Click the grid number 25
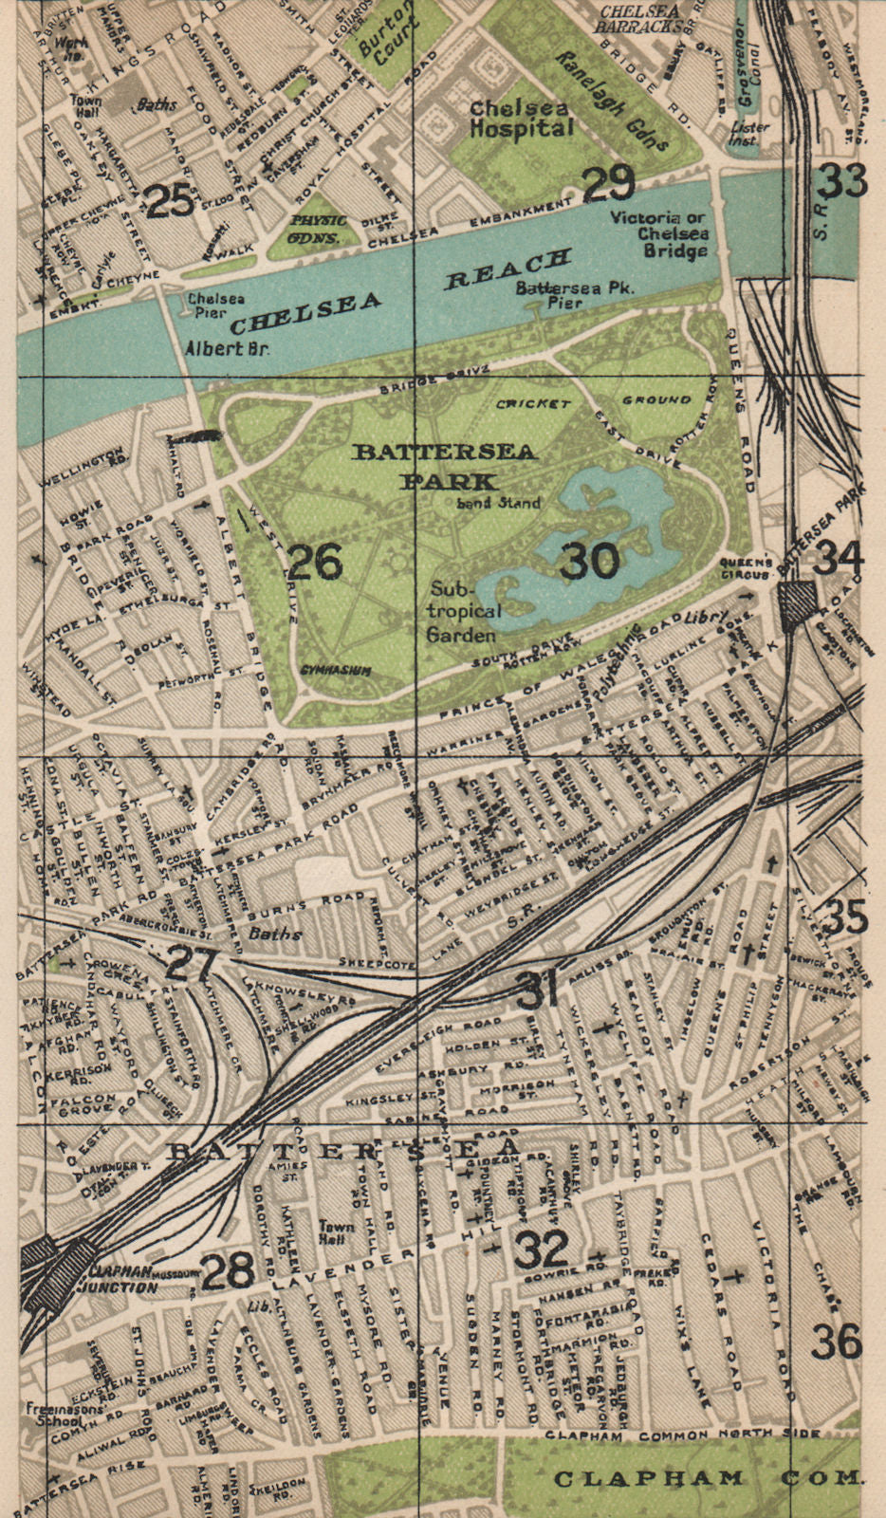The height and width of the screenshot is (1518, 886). pos(171,200)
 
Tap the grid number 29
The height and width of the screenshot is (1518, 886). pos(607,183)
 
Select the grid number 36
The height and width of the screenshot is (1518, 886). pos(837,1342)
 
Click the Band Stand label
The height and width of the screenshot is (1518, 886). pos(498,503)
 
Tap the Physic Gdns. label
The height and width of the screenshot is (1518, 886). pos(312,229)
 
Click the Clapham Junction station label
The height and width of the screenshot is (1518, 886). pos(123,1279)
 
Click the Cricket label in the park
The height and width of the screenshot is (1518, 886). pos(532,403)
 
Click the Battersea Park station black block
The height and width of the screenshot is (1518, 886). pos(797,602)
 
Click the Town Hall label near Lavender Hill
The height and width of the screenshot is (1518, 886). pos(337,1231)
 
